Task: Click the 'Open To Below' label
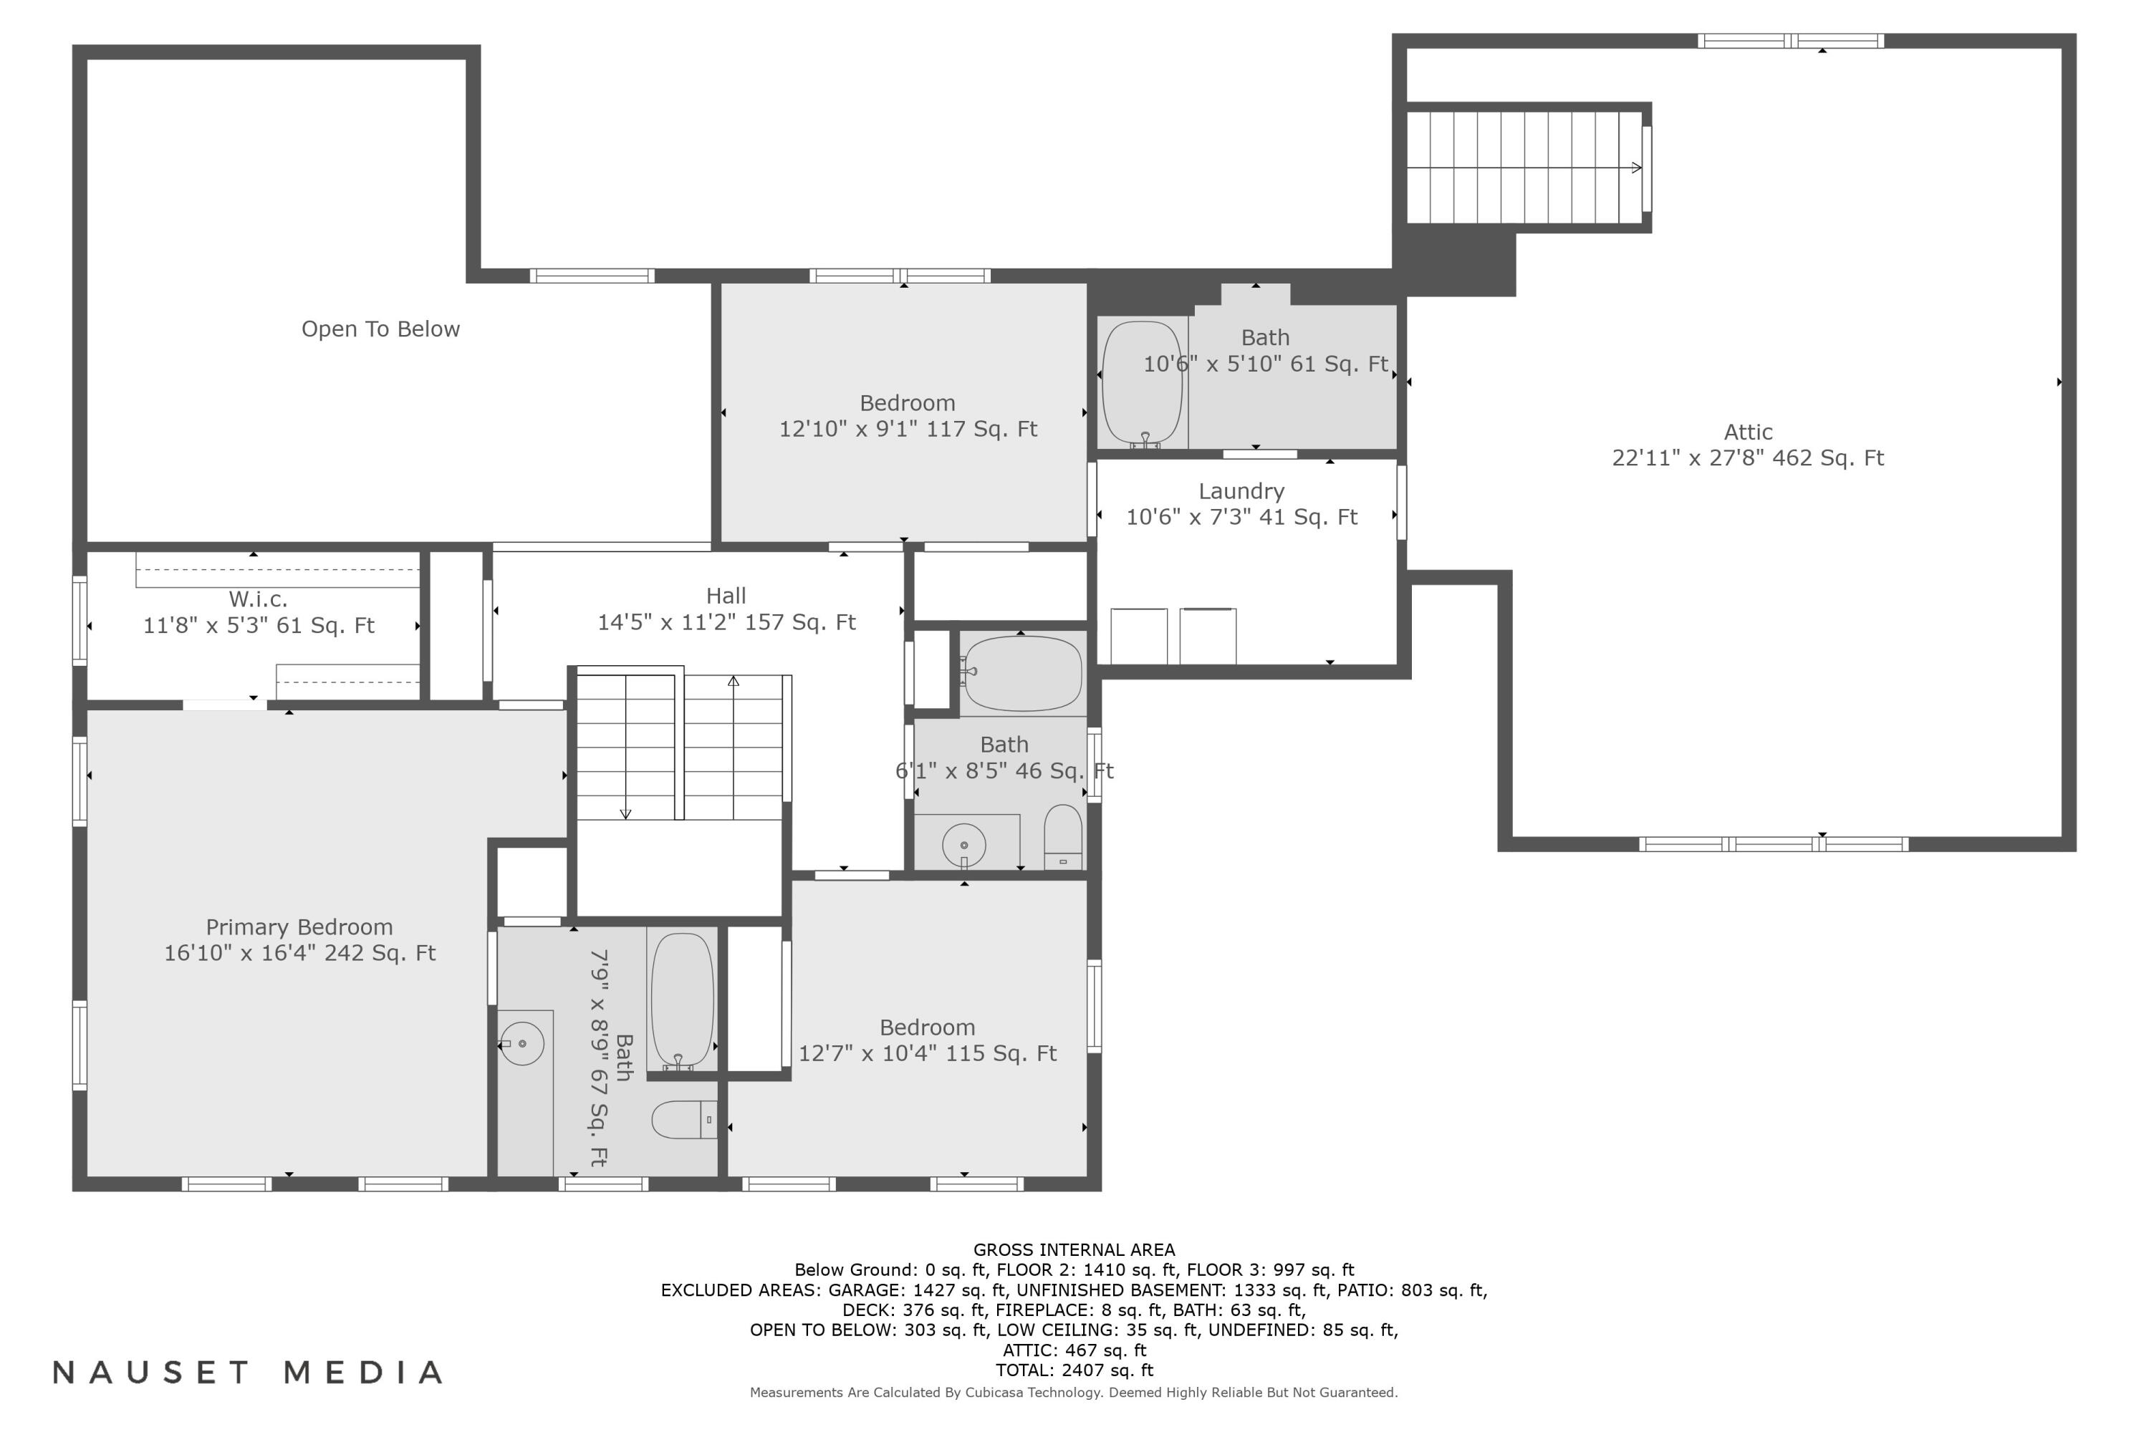380,329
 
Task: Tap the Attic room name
1747,432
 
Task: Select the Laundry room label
1241,491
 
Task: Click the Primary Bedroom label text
299,927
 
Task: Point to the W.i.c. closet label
258,599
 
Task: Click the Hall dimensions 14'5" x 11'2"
726,622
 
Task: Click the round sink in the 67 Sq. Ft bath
521,1043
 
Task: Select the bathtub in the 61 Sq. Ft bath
1142,382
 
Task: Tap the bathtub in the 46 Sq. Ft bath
1024,673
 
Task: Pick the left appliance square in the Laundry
1138,636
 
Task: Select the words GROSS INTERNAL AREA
1074,1249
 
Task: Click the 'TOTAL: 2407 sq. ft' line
1074,1370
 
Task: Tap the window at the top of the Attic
1790,41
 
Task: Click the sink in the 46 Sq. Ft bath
964,845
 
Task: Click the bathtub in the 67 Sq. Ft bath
682,999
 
